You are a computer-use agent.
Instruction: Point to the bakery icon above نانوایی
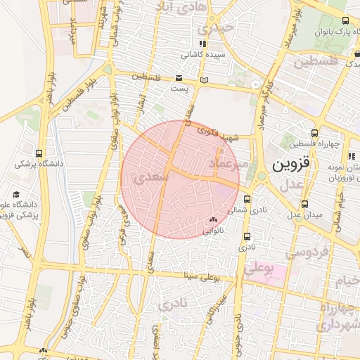[213, 220]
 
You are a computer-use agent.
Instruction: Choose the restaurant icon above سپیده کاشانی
[202, 44]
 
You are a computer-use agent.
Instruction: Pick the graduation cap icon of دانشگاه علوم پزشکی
[16, 194]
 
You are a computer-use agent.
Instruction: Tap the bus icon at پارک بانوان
[345, 21]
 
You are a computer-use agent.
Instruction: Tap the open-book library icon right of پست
[205, 81]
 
